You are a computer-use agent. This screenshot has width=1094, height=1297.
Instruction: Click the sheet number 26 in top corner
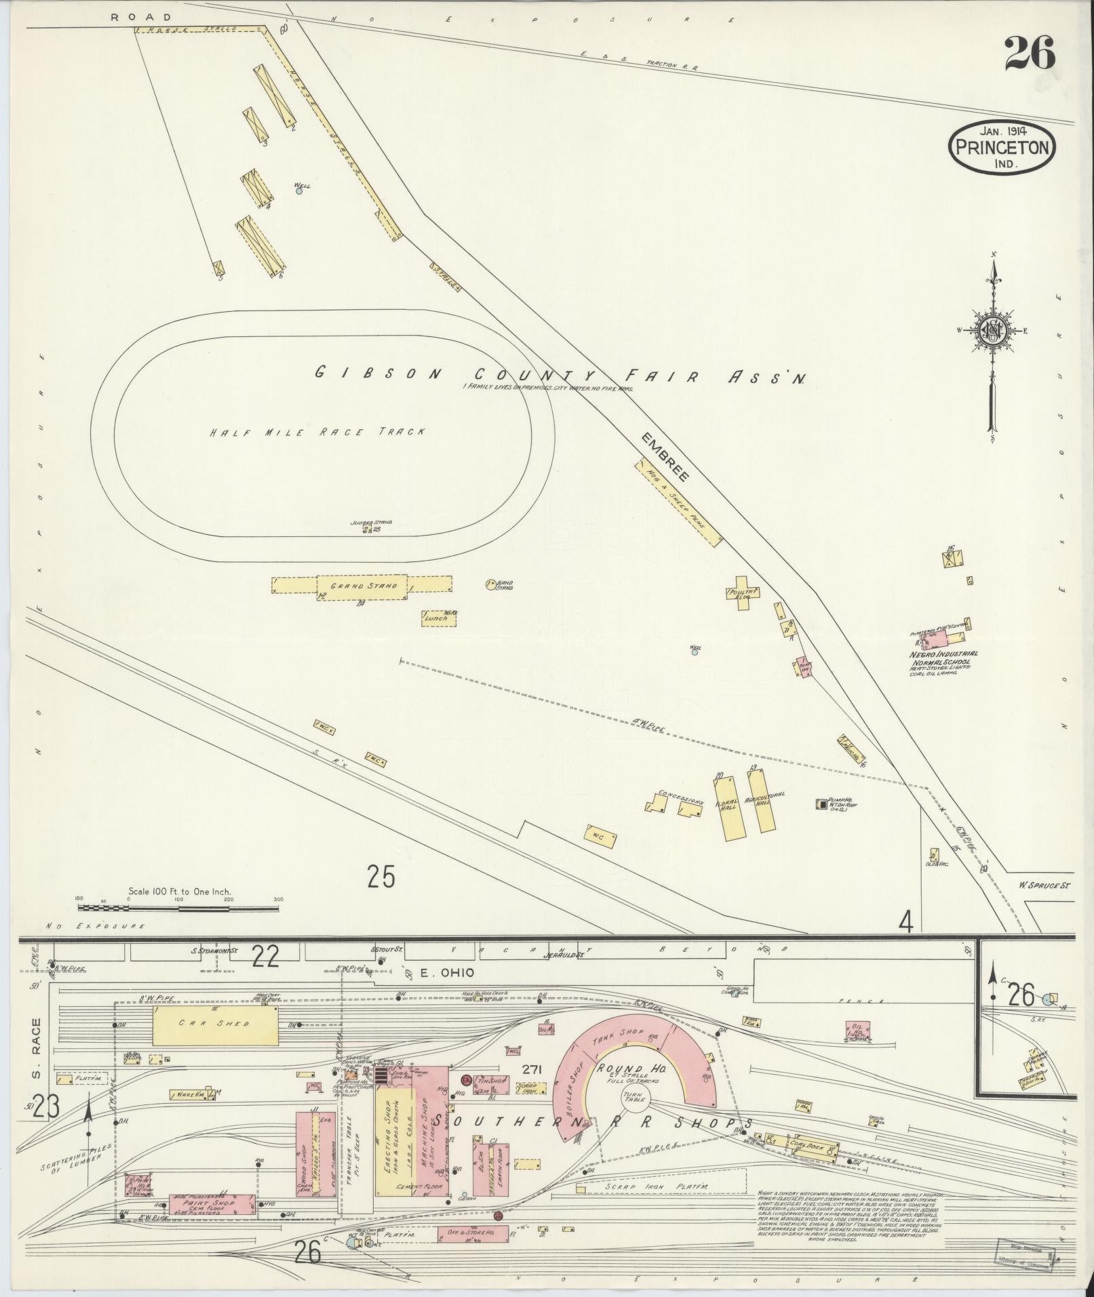point(1030,53)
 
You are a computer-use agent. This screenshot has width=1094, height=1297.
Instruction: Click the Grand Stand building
point(362,586)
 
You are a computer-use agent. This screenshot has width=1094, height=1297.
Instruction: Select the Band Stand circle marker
point(490,584)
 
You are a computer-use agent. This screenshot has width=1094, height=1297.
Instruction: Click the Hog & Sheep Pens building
point(679,503)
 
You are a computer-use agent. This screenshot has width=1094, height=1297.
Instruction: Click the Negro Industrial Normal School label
point(939,658)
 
